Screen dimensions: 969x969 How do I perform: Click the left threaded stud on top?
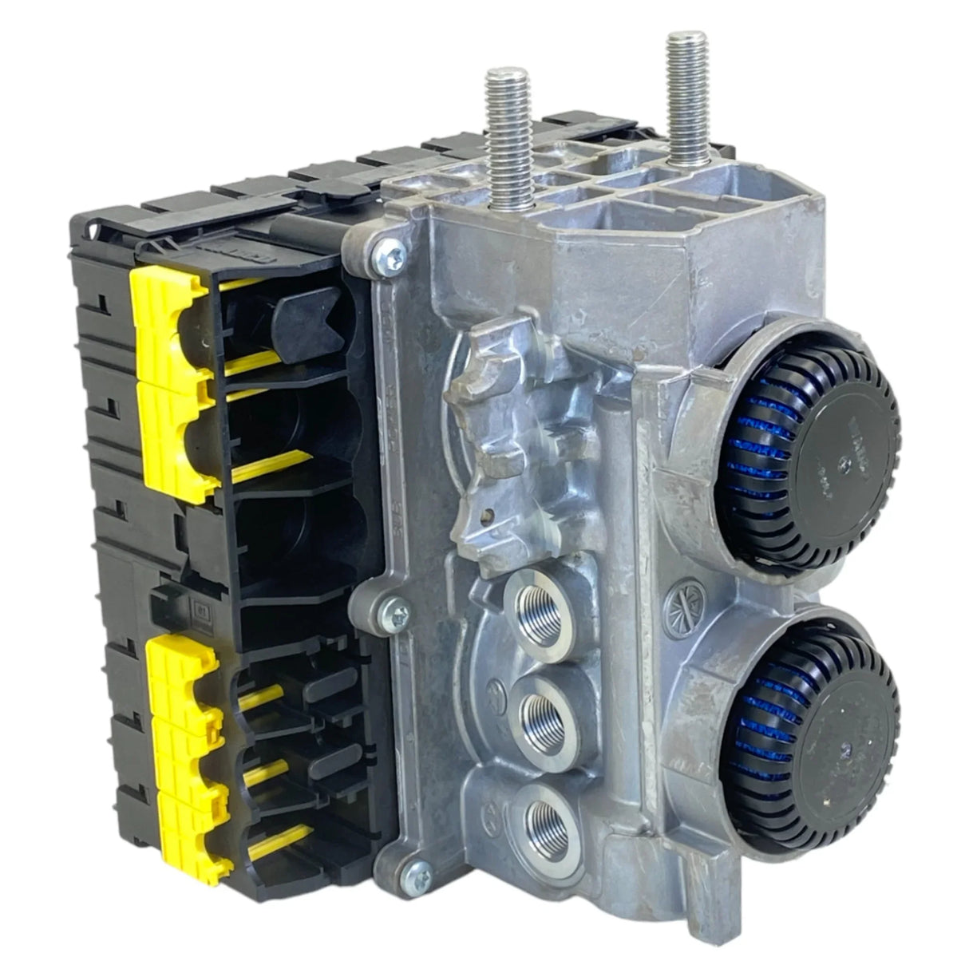(x=501, y=120)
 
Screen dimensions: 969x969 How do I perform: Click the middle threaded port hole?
(x=542, y=707)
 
